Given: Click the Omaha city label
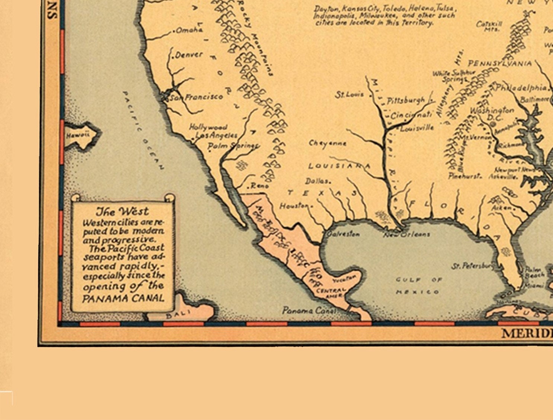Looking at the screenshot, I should (189, 30).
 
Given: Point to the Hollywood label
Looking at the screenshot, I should (208, 127).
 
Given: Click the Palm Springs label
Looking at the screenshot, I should (233, 145).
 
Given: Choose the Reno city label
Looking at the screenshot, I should (259, 185).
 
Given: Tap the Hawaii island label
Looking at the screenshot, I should (78, 135).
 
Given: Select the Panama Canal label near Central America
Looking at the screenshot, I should (309, 310).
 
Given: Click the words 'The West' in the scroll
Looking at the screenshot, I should (122, 211).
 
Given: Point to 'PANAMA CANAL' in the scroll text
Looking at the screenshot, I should (123, 298).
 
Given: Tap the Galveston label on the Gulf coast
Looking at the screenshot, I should (343, 234).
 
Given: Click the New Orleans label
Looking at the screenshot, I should (407, 234).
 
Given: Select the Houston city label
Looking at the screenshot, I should (294, 206).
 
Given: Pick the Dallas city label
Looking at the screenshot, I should (317, 181).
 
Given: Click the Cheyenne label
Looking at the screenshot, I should (327, 143).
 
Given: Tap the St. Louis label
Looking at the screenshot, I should (350, 94).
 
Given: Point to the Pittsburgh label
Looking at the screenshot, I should (406, 100).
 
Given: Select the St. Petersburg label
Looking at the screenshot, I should (473, 266).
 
